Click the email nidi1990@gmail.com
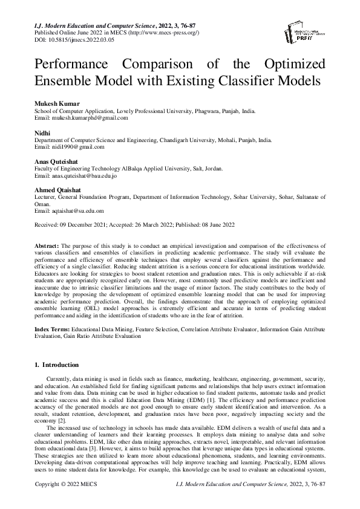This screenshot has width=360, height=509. pyautogui.click(x=77, y=146)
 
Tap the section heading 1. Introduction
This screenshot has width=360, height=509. pyautogui.click(x=57, y=365)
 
